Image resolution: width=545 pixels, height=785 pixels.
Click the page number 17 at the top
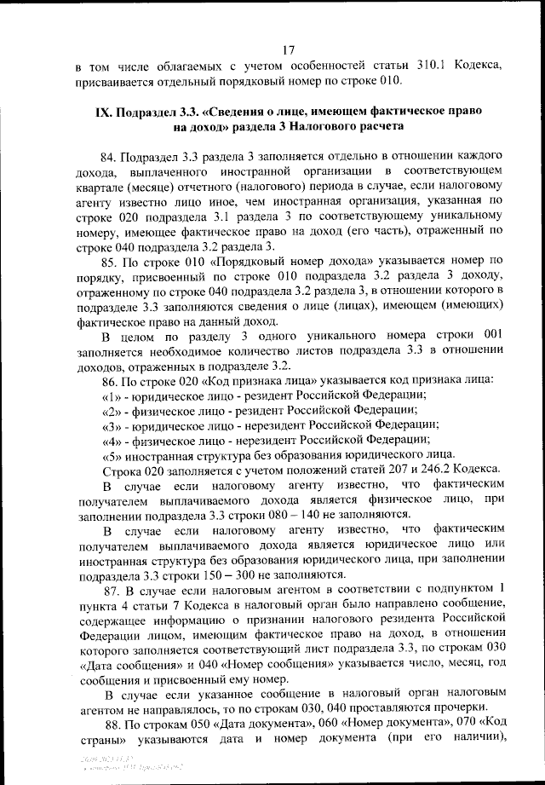pyautogui.click(x=288, y=50)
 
